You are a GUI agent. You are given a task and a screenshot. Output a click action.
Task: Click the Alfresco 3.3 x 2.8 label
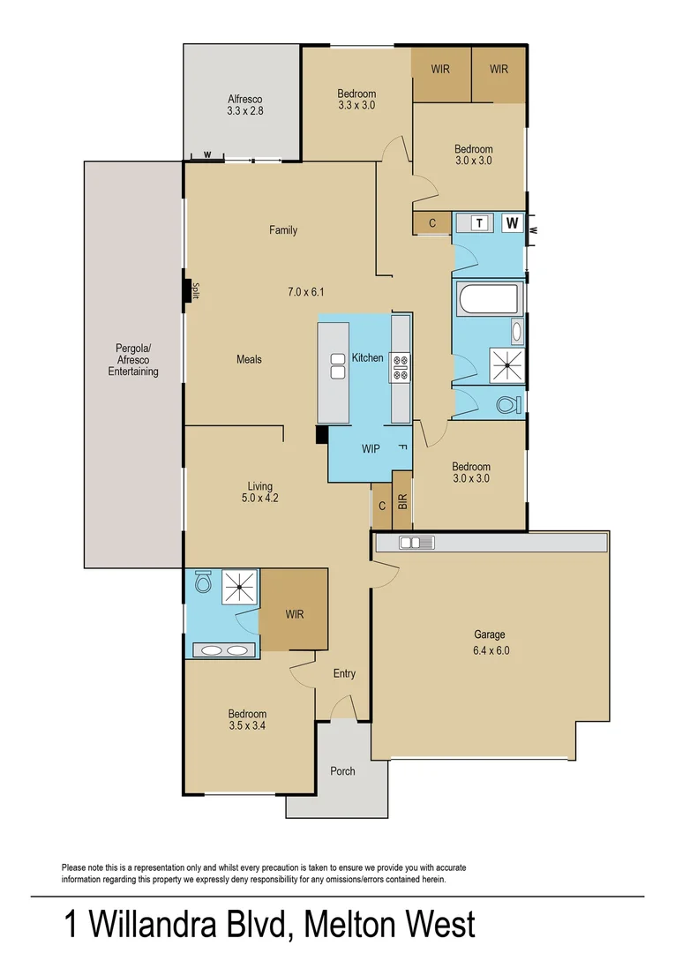245,105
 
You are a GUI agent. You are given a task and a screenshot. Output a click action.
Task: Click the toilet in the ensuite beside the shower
203,582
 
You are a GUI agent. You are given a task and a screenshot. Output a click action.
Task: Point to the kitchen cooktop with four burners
401,366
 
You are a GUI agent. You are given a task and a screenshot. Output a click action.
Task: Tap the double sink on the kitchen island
337,365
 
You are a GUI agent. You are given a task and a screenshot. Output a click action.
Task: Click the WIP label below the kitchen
371,449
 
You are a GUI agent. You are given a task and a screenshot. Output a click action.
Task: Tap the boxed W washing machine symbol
512,222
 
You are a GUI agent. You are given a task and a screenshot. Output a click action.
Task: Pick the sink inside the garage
412,544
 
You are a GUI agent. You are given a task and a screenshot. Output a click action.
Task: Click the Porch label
342,771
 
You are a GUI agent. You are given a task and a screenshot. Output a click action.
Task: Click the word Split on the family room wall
197,291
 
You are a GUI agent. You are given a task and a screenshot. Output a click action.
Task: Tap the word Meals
249,359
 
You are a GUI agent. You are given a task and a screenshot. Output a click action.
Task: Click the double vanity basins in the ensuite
224,650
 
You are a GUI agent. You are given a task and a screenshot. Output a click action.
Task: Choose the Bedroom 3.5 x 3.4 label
247,720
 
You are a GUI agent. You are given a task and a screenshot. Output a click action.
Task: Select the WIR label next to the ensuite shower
294,614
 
